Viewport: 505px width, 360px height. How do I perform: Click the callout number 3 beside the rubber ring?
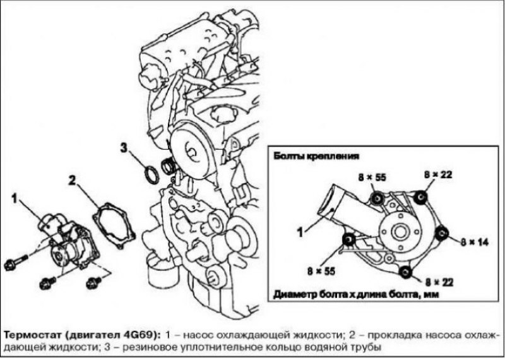click(124, 148)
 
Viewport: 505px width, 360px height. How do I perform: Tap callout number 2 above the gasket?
click(72, 181)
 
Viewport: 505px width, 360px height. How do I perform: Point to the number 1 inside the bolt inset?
click(300, 232)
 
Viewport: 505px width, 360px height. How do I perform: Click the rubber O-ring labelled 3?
click(151, 174)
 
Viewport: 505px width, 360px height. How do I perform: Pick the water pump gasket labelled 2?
click(114, 225)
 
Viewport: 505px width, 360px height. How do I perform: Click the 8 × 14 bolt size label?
click(475, 242)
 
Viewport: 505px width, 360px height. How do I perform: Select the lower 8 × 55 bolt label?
click(321, 271)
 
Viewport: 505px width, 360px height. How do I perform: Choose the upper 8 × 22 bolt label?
click(438, 174)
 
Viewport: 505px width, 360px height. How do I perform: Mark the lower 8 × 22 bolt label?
click(439, 282)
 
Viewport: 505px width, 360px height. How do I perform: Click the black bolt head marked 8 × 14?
click(441, 233)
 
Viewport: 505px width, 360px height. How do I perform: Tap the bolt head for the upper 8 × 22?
click(420, 197)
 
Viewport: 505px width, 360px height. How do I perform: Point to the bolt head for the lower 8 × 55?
click(349, 239)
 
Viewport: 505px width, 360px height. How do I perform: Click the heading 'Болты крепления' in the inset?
click(316, 156)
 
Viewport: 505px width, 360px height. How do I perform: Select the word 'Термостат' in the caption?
click(33, 335)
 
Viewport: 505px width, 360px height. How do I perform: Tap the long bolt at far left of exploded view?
click(16, 261)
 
